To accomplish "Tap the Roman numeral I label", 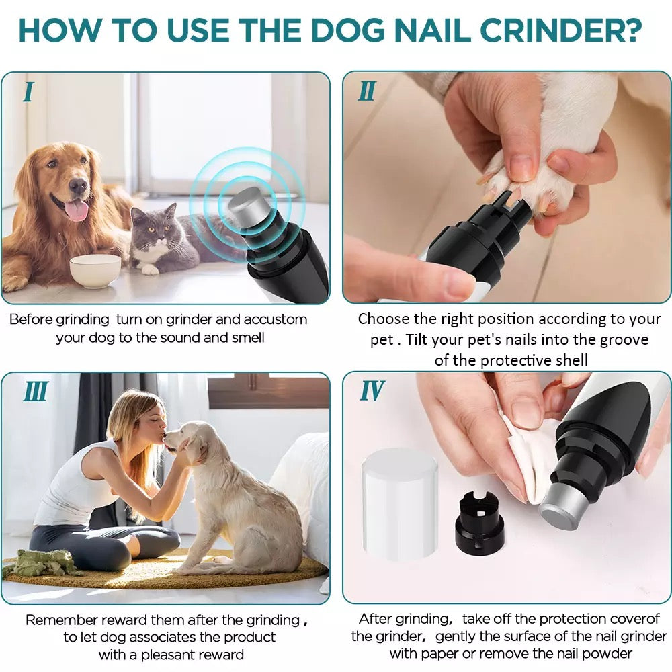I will (x=28, y=92).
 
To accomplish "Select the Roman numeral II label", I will (x=367, y=91).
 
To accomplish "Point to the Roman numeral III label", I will (x=36, y=392).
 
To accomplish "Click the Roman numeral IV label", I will (x=372, y=390).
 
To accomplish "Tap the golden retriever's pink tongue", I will (x=77, y=211).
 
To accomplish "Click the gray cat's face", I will (x=154, y=226).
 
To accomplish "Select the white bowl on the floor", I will (x=95, y=270).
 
